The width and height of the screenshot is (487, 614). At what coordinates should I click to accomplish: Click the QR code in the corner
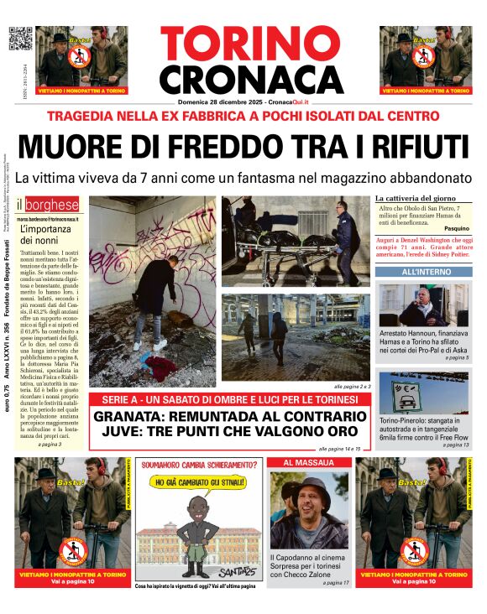tap(20, 39)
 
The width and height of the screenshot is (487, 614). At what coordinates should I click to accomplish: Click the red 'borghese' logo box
tap(53, 205)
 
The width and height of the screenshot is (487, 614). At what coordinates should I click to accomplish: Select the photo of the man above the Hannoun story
tap(423, 305)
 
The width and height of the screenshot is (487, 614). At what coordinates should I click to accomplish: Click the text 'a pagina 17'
tap(334, 582)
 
